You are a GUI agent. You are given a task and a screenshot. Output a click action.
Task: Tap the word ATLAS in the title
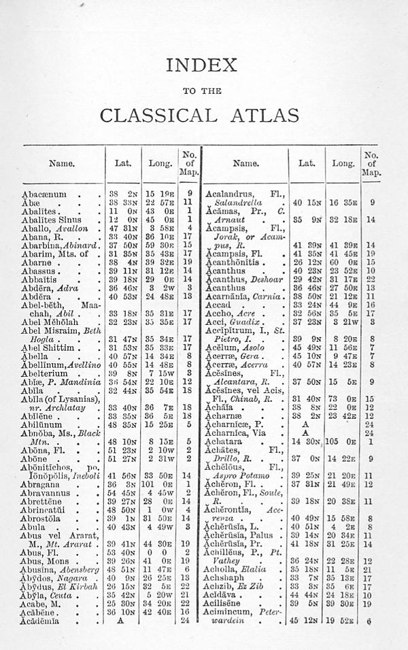pyautogui.click(x=262, y=114)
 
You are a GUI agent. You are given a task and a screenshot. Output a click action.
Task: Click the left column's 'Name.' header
pyautogui.click(x=61, y=163)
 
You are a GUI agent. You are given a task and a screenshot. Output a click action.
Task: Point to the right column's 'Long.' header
pyautogui.click(x=343, y=163)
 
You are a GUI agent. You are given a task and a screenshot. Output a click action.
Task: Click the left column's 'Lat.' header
pyautogui.click(x=118, y=163)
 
